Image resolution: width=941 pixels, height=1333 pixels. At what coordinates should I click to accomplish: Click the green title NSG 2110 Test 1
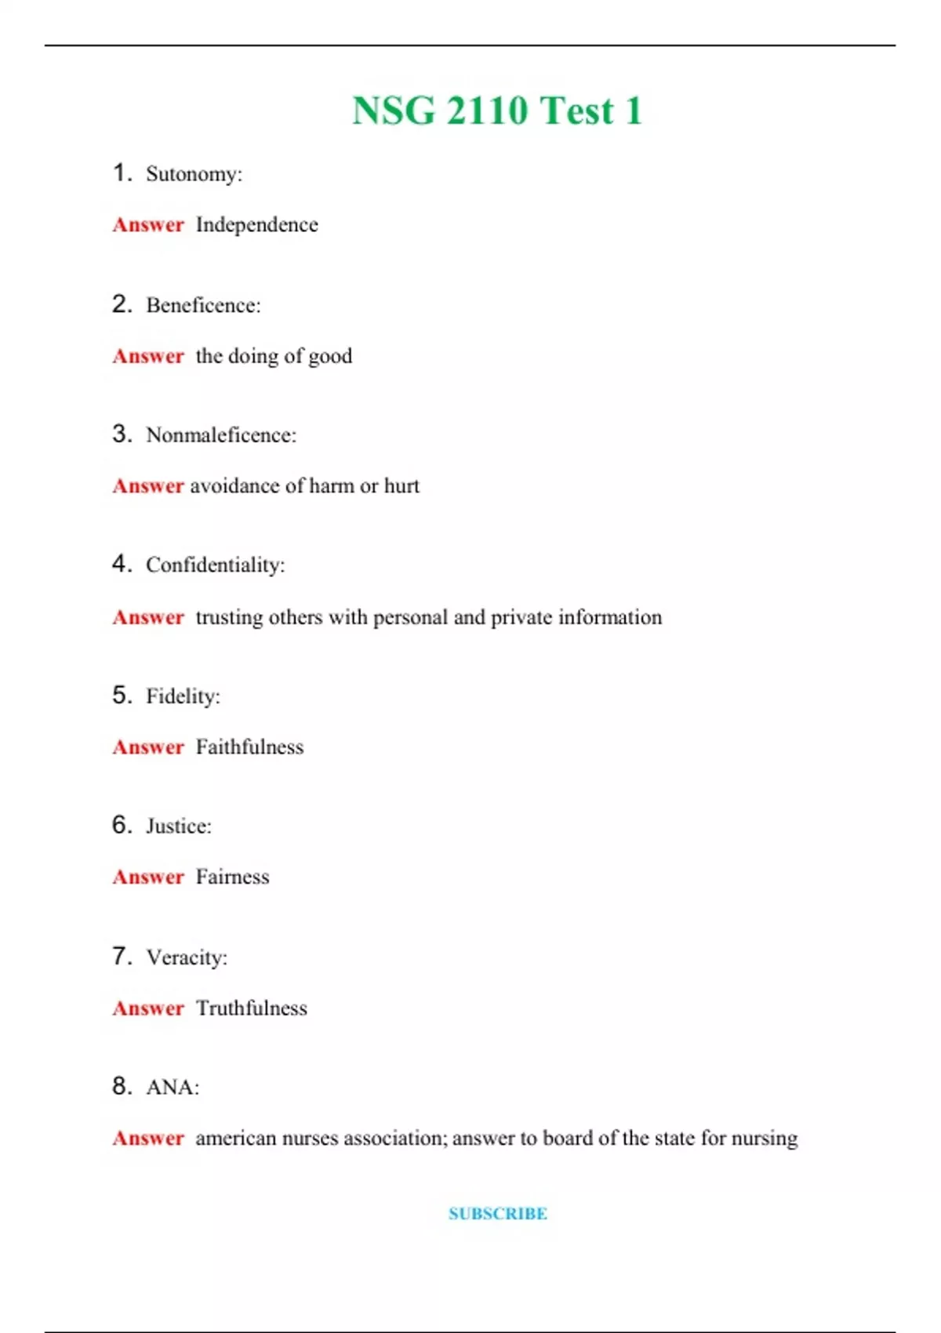tap(497, 111)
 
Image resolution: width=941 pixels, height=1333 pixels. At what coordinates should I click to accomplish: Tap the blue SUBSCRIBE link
tap(498, 1213)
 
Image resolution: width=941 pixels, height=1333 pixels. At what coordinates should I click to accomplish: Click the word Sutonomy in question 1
tap(192, 174)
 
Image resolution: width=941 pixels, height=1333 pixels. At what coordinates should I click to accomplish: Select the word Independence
tap(256, 225)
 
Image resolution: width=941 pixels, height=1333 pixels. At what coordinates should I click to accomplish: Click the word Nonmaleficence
tap(219, 435)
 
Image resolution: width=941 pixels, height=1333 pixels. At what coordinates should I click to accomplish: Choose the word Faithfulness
tap(249, 747)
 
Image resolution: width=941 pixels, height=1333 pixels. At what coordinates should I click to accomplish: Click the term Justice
tap(177, 826)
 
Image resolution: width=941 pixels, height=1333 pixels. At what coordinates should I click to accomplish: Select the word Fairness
tap(232, 877)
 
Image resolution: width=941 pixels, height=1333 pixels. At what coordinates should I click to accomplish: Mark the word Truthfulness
tap(251, 1008)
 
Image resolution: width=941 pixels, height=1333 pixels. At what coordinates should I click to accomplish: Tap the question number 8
tap(121, 1086)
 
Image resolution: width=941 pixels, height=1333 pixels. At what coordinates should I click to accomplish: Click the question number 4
tap(121, 564)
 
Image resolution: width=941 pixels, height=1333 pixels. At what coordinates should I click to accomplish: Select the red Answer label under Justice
tap(148, 877)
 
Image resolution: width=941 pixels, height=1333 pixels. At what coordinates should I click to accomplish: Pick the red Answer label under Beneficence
tap(148, 356)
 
